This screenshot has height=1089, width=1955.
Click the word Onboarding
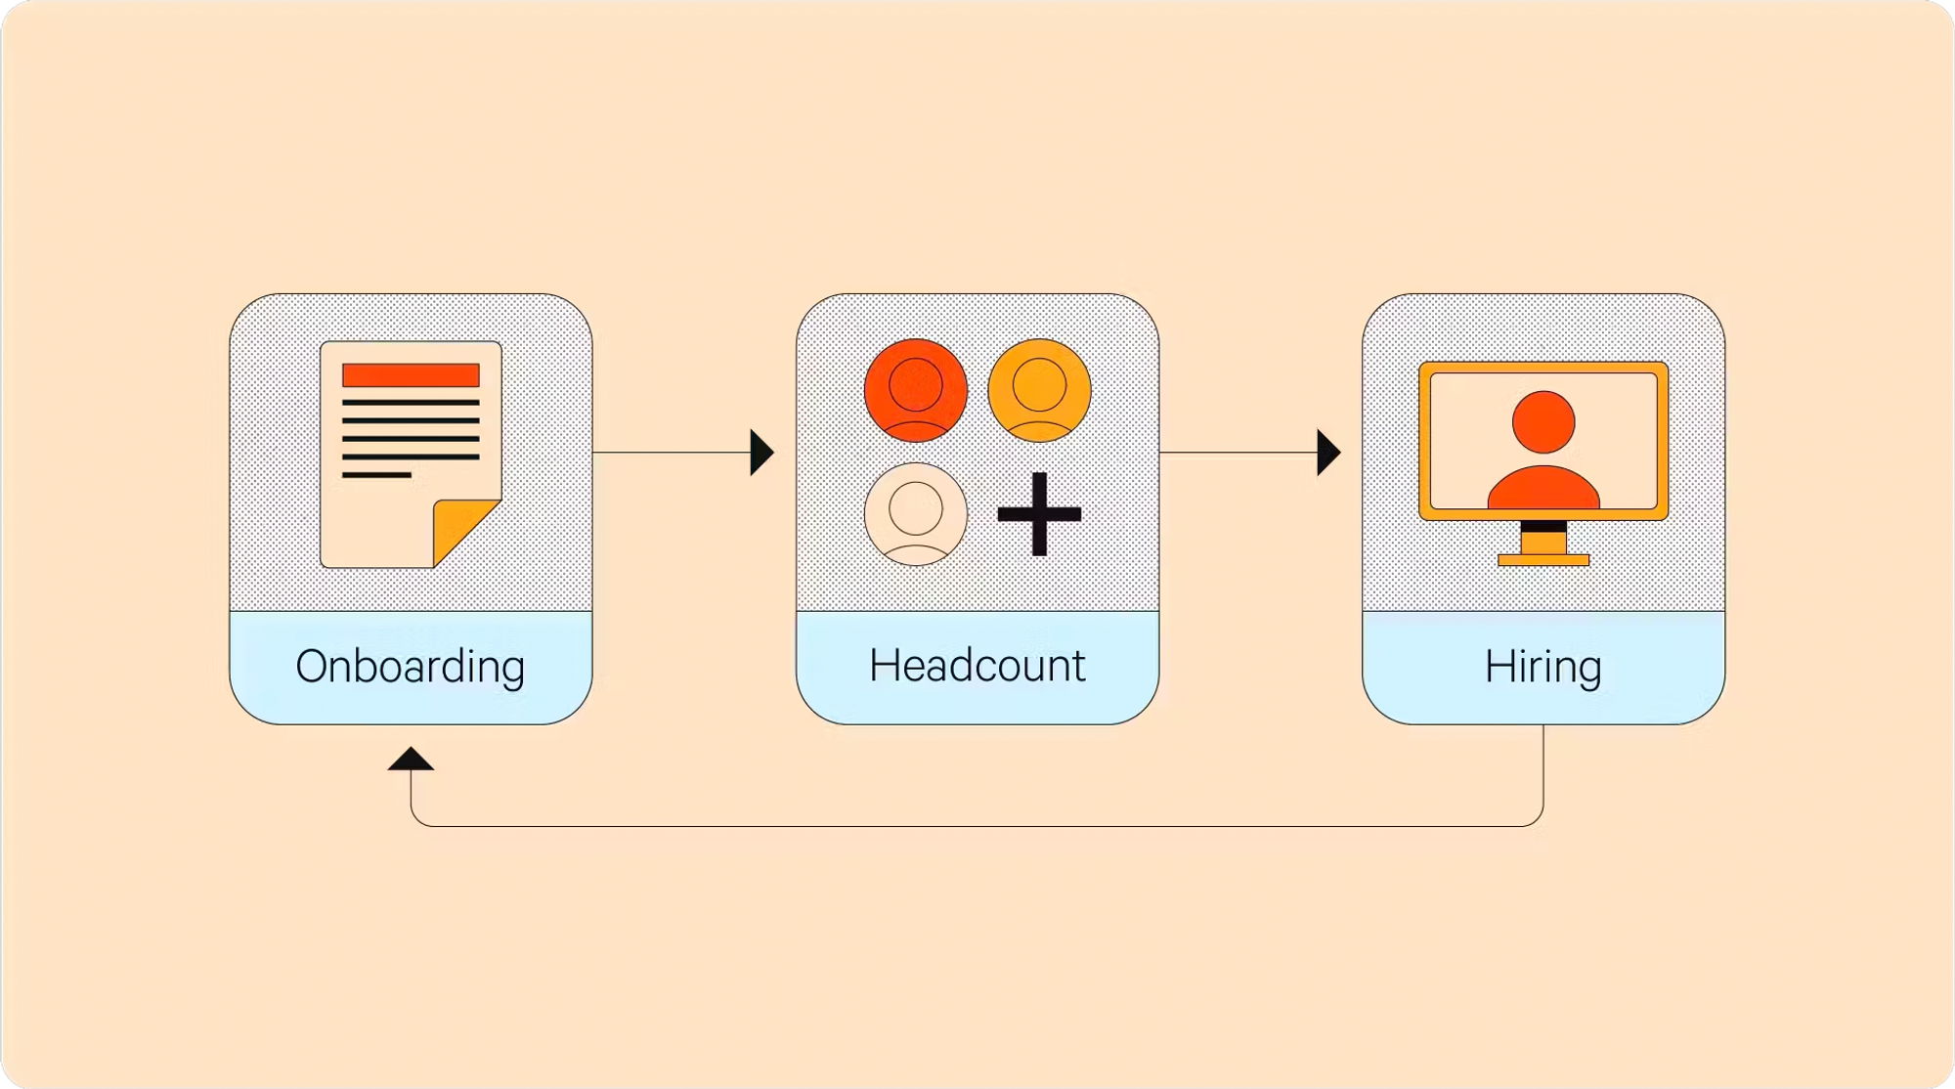coord(411,667)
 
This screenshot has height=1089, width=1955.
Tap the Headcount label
coord(977,666)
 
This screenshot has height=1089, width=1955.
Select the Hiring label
coord(1542,667)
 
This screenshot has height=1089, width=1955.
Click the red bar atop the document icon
coord(411,375)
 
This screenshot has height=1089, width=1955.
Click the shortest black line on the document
coord(376,475)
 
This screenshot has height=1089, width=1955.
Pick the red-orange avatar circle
coord(916,390)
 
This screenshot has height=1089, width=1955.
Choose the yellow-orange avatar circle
coord(1039,390)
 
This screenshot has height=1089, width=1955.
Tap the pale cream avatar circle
coord(916,514)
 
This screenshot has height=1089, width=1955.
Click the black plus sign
coord(1039,514)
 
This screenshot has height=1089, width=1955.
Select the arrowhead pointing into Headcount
coord(760,453)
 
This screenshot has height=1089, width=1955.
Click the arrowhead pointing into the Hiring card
coord(1327,453)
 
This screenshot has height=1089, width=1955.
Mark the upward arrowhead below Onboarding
coord(411,760)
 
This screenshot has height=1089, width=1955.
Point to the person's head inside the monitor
coord(1543,422)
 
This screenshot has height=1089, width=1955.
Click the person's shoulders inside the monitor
coord(1543,489)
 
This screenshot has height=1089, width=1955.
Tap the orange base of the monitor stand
coord(1543,560)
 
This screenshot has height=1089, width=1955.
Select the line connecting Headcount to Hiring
coord(1237,453)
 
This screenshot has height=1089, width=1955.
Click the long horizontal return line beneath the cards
coord(977,826)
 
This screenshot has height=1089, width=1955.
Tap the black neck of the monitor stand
coord(1543,527)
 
